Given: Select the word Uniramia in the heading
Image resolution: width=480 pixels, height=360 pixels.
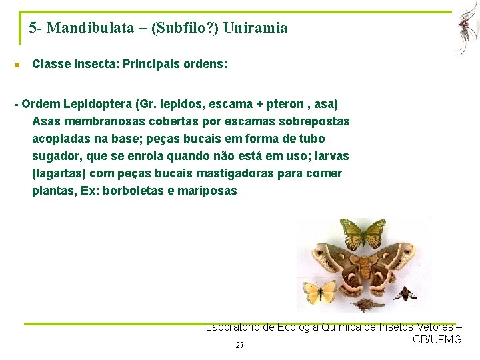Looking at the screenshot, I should pyautogui.click(x=256, y=28).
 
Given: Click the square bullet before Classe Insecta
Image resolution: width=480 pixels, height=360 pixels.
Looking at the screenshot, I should pyautogui.click(x=17, y=65).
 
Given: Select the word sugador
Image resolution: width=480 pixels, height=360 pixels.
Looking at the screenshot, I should pyautogui.click(x=56, y=156).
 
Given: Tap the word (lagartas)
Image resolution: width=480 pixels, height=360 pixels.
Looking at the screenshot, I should pyautogui.click(x=57, y=173).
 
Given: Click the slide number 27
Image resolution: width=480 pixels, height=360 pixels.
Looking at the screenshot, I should pyautogui.click(x=240, y=345).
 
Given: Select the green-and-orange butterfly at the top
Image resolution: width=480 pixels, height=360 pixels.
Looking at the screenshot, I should pyautogui.click(x=363, y=233).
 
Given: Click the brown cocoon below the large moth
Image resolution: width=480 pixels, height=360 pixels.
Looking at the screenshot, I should pyautogui.click(x=363, y=305).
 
